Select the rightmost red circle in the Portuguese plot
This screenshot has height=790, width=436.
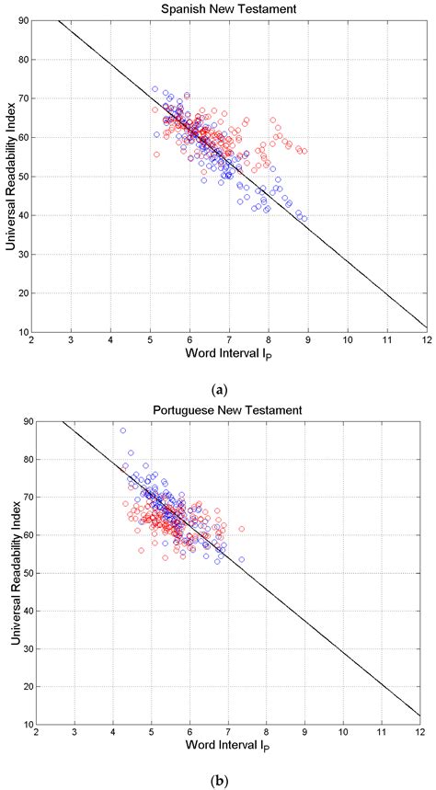(242, 529)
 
